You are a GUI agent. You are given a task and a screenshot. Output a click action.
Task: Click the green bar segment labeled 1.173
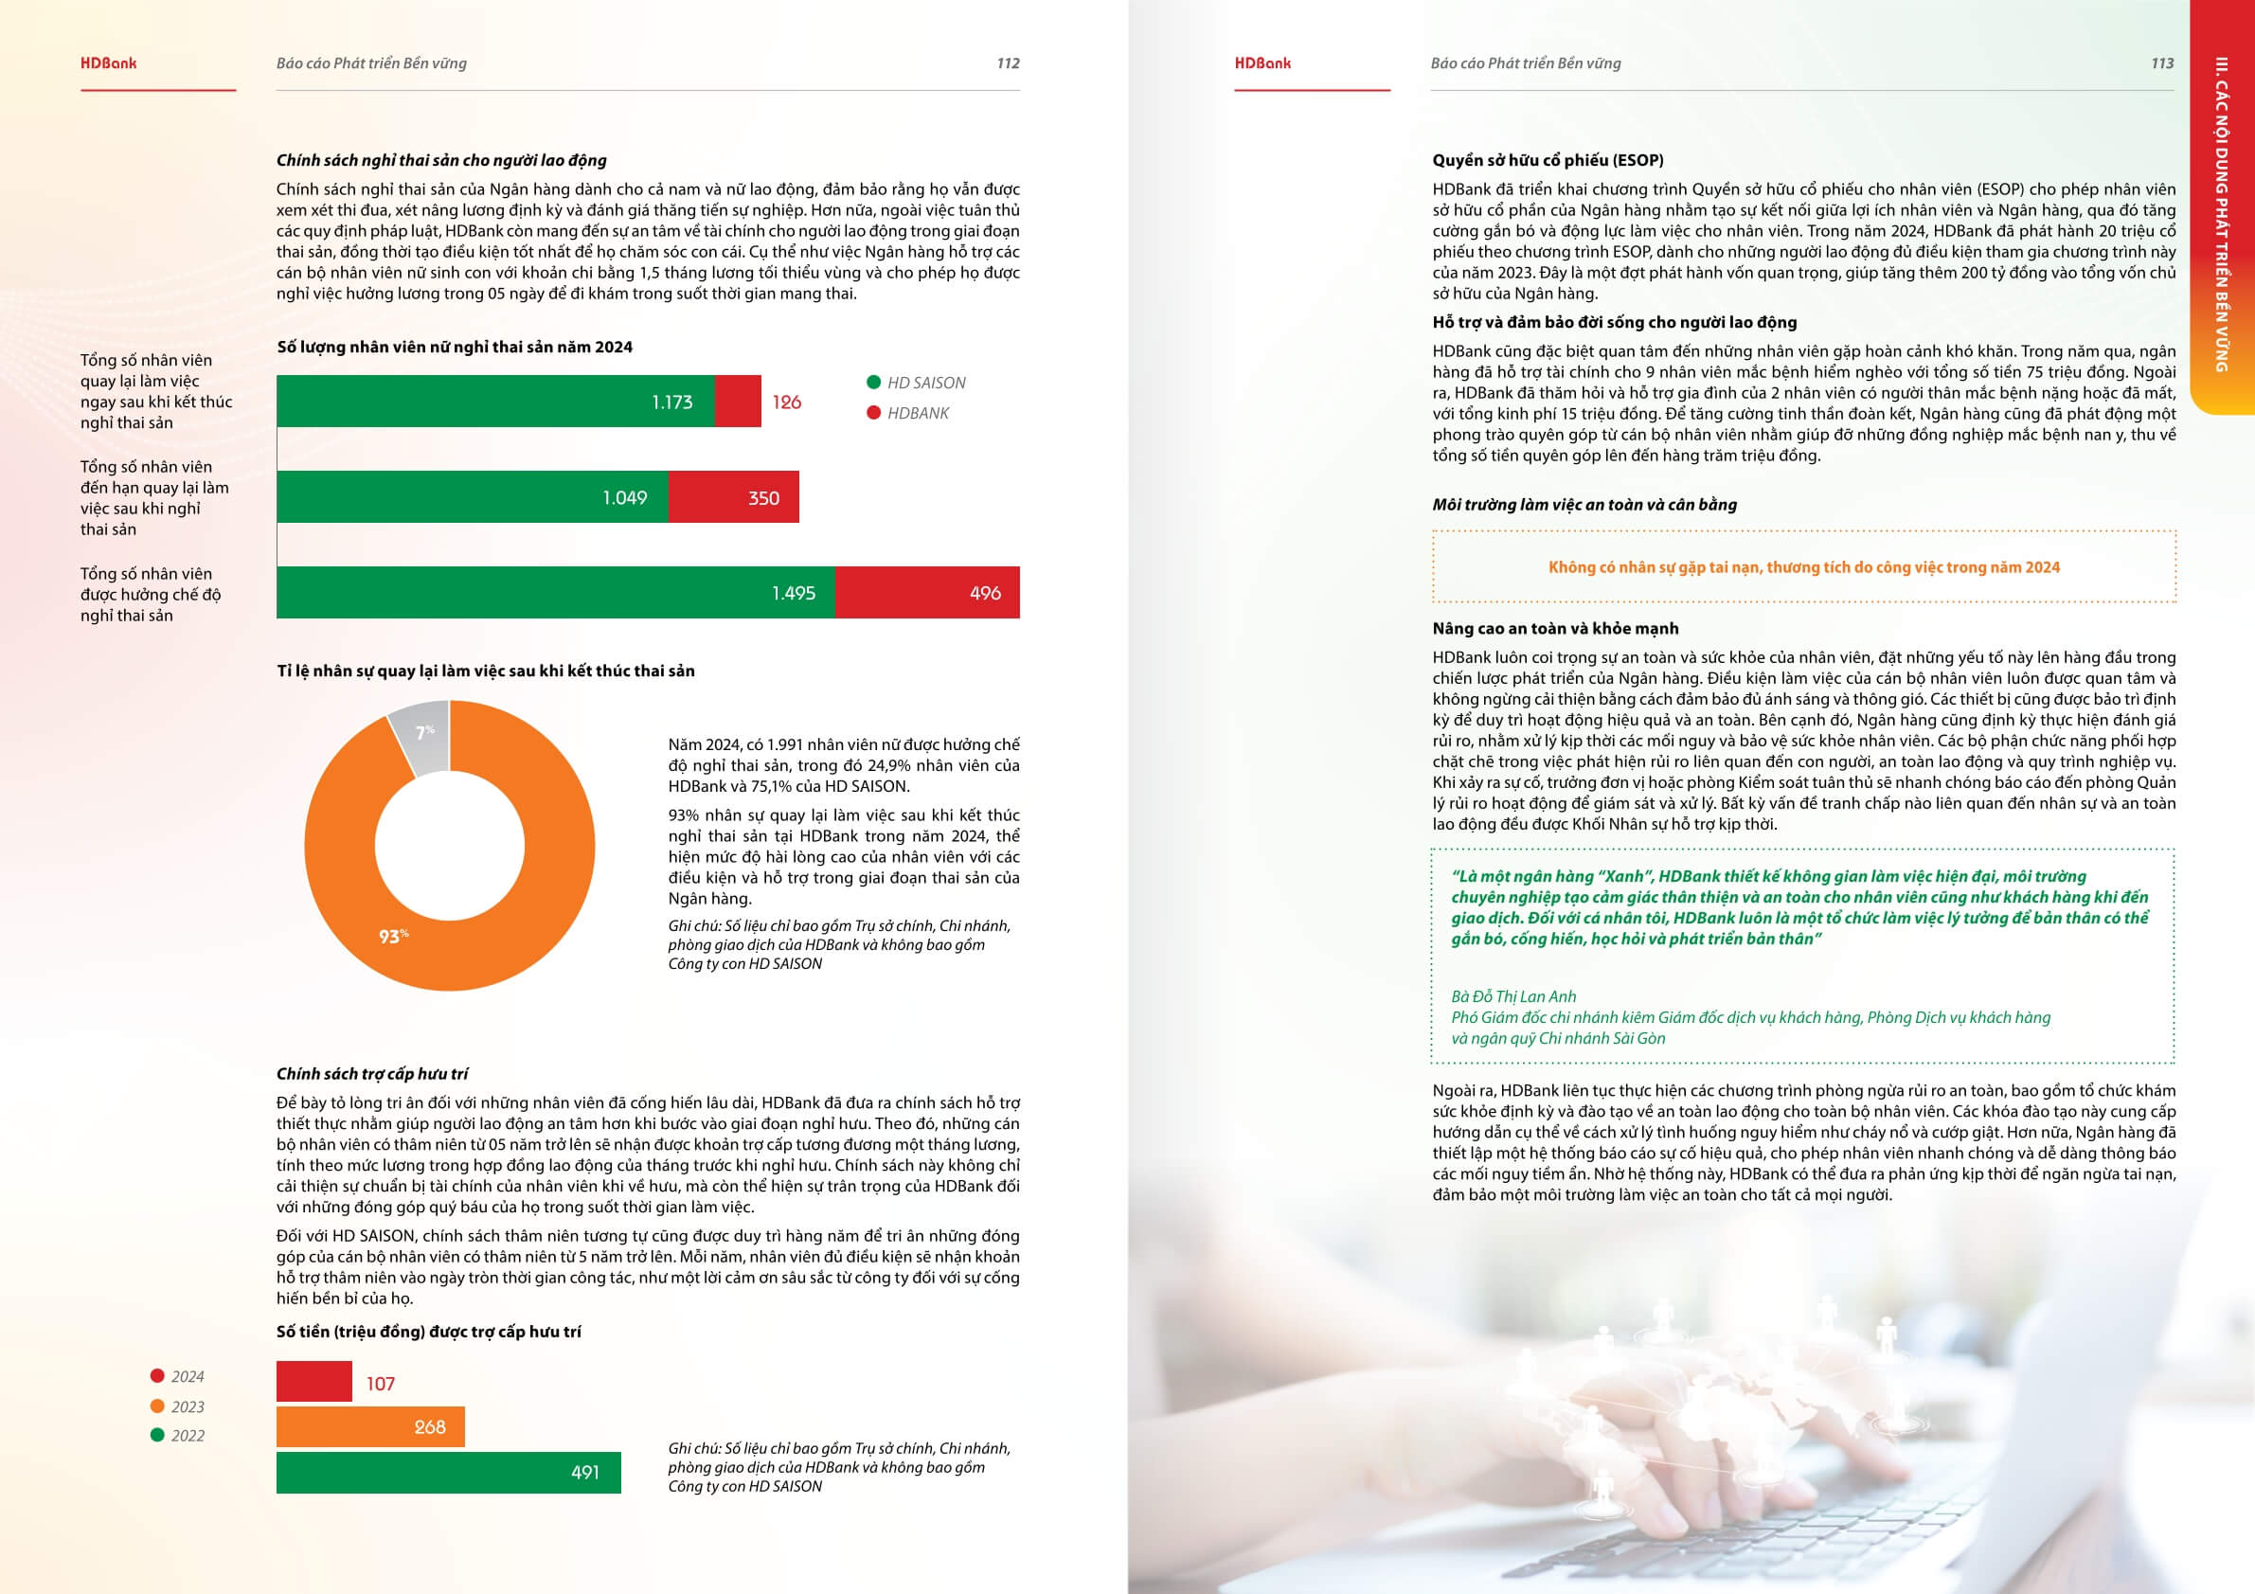click(x=495, y=401)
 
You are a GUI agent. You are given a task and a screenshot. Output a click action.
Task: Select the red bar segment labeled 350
click(x=733, y=497)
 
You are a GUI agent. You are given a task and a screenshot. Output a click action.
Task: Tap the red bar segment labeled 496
click(x=926, y=592)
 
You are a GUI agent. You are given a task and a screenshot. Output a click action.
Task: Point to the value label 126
click(x=786, y=402)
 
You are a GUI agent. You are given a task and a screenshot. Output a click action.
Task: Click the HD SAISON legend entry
click(x=916, y=383)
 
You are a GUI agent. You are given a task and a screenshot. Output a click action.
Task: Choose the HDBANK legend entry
click(x=907, y=414)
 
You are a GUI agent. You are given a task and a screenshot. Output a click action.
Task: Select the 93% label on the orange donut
click(x=393, y=936)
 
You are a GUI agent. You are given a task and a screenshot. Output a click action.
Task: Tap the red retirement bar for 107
click(x=313, y=1381)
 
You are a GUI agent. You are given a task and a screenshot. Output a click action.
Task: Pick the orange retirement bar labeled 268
click(x=369, y=1426)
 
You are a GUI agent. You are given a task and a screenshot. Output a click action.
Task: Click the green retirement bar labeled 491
click(x=448, y=1471)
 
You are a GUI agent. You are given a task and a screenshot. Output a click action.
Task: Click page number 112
click(x=1008, y=63)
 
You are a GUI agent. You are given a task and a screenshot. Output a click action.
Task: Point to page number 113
click(x=2161, y=63)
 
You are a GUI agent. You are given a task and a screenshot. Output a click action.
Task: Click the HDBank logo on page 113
click(x=1262, y=63)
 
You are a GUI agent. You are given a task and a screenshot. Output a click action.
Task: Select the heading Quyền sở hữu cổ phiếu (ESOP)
click(x=1547, y=160)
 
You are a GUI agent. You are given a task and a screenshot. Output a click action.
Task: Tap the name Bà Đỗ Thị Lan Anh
click(x=1513, y=995)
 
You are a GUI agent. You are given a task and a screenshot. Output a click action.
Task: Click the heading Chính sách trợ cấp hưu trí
click(x=372, y=1073)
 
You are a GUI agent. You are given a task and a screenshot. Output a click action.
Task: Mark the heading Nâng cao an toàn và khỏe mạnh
click(x=1555, y=629)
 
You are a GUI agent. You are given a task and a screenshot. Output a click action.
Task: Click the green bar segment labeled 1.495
click(x=555, y=592)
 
